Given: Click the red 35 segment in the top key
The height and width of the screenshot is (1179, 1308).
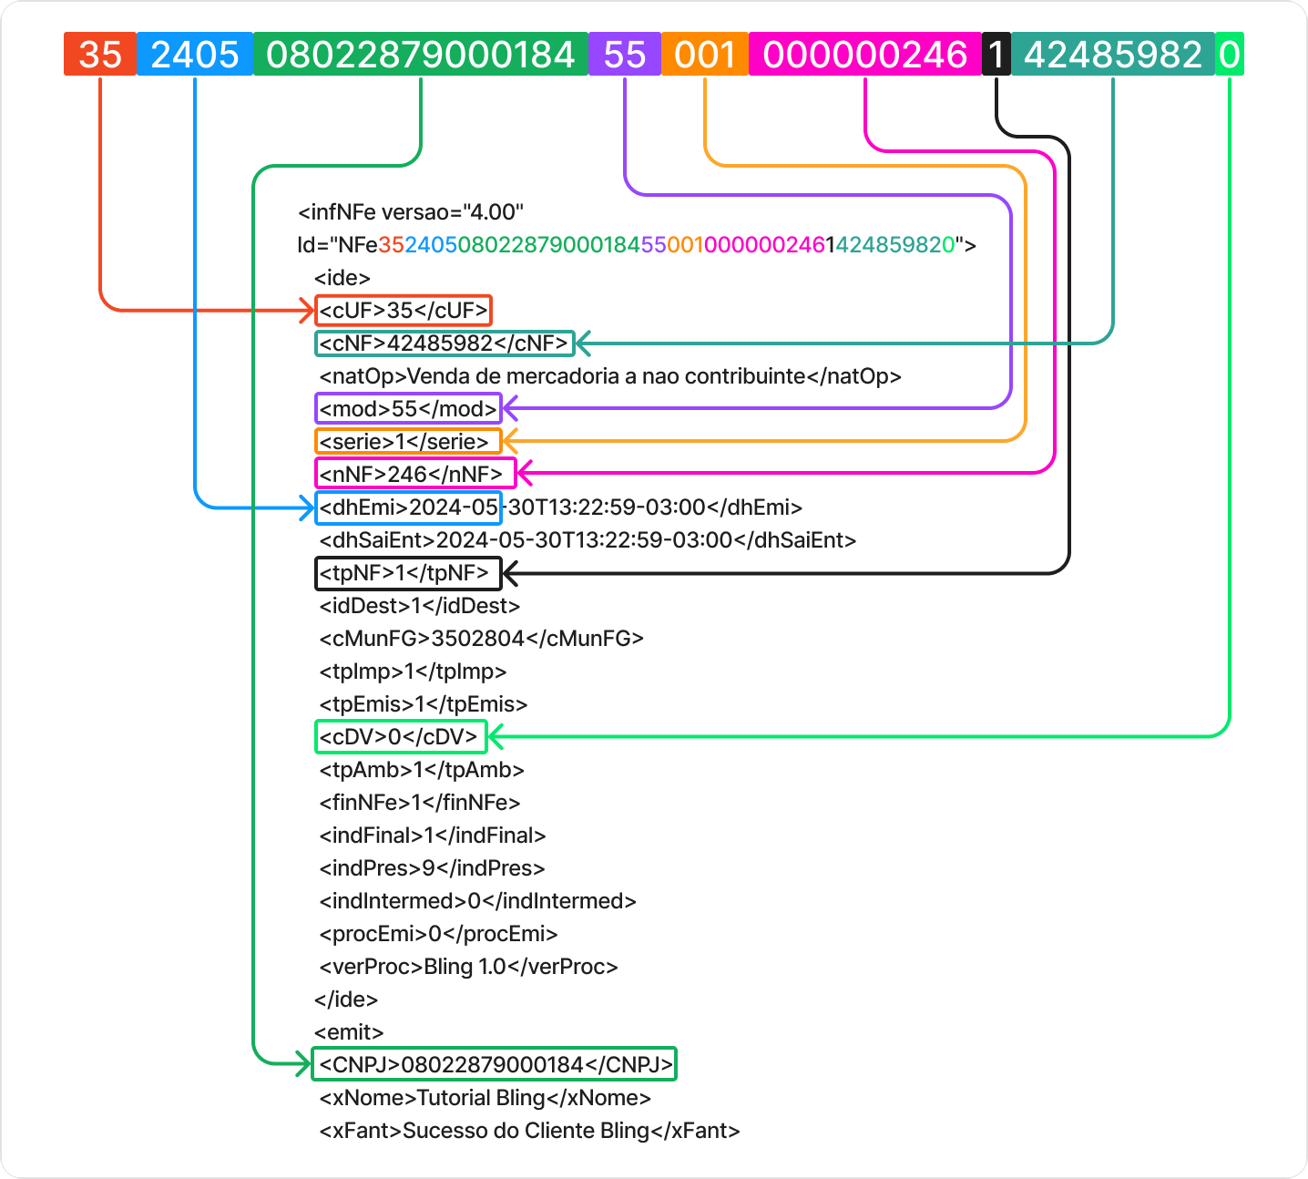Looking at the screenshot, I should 100,55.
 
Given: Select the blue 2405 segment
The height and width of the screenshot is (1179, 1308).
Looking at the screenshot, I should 195,55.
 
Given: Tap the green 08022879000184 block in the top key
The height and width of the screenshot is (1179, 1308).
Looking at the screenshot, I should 420,55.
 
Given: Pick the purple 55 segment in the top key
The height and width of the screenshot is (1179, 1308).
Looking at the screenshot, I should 625,55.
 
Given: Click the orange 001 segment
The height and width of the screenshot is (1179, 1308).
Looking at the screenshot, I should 704,55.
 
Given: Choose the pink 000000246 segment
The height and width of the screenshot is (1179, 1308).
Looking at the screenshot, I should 864,55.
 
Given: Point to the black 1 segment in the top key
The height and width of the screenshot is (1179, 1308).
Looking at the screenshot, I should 996,55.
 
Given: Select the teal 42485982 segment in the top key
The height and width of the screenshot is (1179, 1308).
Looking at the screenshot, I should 1112,55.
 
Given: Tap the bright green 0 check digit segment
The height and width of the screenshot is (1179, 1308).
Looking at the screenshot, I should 1229,55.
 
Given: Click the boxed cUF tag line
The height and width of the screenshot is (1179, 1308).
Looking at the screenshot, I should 404,311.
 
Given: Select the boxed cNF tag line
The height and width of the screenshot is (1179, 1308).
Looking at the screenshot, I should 445,343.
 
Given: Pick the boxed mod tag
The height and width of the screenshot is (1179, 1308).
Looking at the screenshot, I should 409,408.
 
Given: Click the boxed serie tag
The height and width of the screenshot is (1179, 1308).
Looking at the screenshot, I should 408,442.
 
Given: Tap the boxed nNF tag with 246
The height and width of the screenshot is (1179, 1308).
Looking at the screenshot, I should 414,474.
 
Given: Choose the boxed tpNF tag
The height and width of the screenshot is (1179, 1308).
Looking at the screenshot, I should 408,573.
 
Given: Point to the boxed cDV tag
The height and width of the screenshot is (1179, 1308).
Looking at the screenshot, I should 401,736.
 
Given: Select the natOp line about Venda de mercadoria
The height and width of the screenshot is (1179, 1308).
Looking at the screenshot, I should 609,376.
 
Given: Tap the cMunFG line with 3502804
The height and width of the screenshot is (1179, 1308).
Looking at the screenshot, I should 481,639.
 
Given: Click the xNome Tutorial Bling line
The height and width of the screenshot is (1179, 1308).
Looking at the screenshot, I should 485,1098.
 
